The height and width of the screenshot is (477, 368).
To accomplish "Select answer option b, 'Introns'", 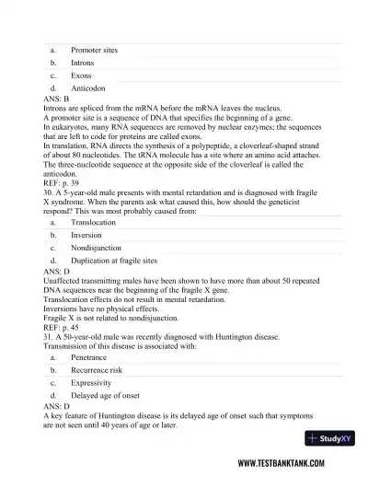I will click(82, 63).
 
